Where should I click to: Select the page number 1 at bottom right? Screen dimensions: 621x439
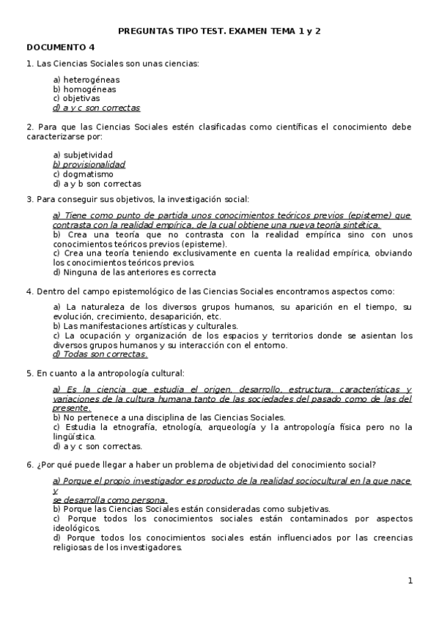[410, 581]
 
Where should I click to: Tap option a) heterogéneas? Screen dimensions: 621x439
[86, 79]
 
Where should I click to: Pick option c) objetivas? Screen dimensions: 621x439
[76, 98]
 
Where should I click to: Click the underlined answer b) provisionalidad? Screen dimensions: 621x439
[89, 165]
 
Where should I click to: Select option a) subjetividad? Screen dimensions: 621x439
[83, 155]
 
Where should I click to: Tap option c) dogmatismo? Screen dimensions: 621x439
[83, 174]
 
